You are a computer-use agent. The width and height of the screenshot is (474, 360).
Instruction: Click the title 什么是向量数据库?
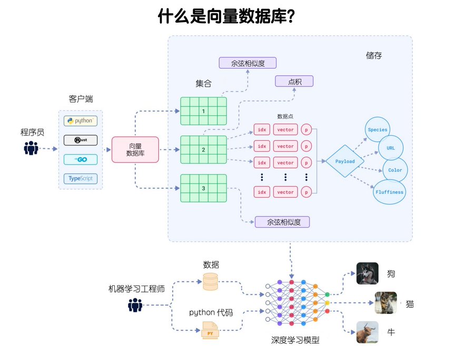[x=226, y=17]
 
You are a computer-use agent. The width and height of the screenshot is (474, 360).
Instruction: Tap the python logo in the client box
[x=80, y=121]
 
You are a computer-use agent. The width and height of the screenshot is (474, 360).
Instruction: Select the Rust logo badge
[x=80, y=140]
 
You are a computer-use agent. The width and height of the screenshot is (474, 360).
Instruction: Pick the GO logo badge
[x=80, y=159]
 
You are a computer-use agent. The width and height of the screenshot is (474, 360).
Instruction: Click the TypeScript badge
[x=80, y=179]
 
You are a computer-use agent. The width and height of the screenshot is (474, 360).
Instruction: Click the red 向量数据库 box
[x=135, y=150]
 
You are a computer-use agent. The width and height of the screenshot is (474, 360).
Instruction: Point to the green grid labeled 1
[x=203, y=111]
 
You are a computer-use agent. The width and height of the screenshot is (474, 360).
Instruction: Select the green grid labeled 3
[x=203, y=188]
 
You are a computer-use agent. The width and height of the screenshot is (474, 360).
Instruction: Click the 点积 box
[x=294, y=81]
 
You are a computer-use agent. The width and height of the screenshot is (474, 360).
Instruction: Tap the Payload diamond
[x=345, y=161]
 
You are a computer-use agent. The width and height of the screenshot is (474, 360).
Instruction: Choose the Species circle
[x=378, y=130]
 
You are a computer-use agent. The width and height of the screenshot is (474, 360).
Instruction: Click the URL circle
[x=390, y=148]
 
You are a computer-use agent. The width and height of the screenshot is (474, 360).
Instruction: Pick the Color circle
[x=394, y=170]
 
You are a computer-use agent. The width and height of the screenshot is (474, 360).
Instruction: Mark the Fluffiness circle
[x=389, y=192]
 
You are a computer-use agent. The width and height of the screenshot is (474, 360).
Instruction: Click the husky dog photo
[x=367, y=274]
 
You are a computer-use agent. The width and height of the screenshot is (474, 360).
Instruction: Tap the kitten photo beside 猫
[x=386, y=303]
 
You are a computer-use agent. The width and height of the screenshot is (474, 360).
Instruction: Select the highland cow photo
[x=367, y=332]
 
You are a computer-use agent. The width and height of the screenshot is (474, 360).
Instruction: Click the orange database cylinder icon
[x=210, y=283]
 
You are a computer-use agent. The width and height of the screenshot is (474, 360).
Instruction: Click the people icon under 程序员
[x=32, y=149]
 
